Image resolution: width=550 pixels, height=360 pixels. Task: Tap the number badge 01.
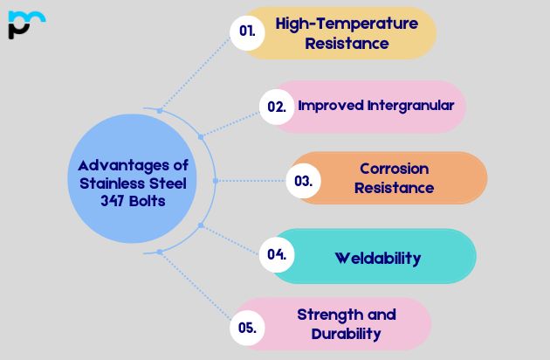247,31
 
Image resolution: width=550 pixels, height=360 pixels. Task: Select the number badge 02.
276,107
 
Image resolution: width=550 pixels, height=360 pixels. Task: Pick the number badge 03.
304,181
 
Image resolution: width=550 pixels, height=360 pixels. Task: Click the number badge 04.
277,255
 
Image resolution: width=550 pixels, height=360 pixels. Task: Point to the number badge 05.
246,328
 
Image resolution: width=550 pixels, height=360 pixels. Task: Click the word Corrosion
395,168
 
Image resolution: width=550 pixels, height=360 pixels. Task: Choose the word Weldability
378,258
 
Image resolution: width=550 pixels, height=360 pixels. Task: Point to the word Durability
346,333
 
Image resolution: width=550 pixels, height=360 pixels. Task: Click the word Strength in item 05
324,315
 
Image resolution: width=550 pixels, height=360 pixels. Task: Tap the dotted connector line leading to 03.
249,181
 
